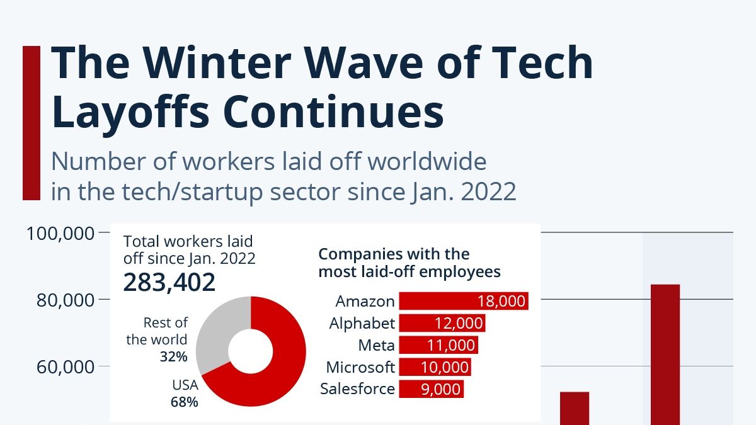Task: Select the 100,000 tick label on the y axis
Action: (x=60, y=234)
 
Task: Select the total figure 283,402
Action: (x=169, y=283)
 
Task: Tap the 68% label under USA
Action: (x=184, y=402)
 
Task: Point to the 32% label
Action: (x=173, y=356)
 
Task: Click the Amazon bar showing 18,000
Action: (x=464, y=301)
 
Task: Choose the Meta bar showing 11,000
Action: (x=438, y=345)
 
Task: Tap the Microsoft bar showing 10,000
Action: (x=435, y=367)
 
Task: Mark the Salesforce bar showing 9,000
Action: (x=431, y=389)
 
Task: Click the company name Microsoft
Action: (x=360, y=367)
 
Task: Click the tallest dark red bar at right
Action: (x=665, y=353)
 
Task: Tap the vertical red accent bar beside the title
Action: (x=31, y=123)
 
